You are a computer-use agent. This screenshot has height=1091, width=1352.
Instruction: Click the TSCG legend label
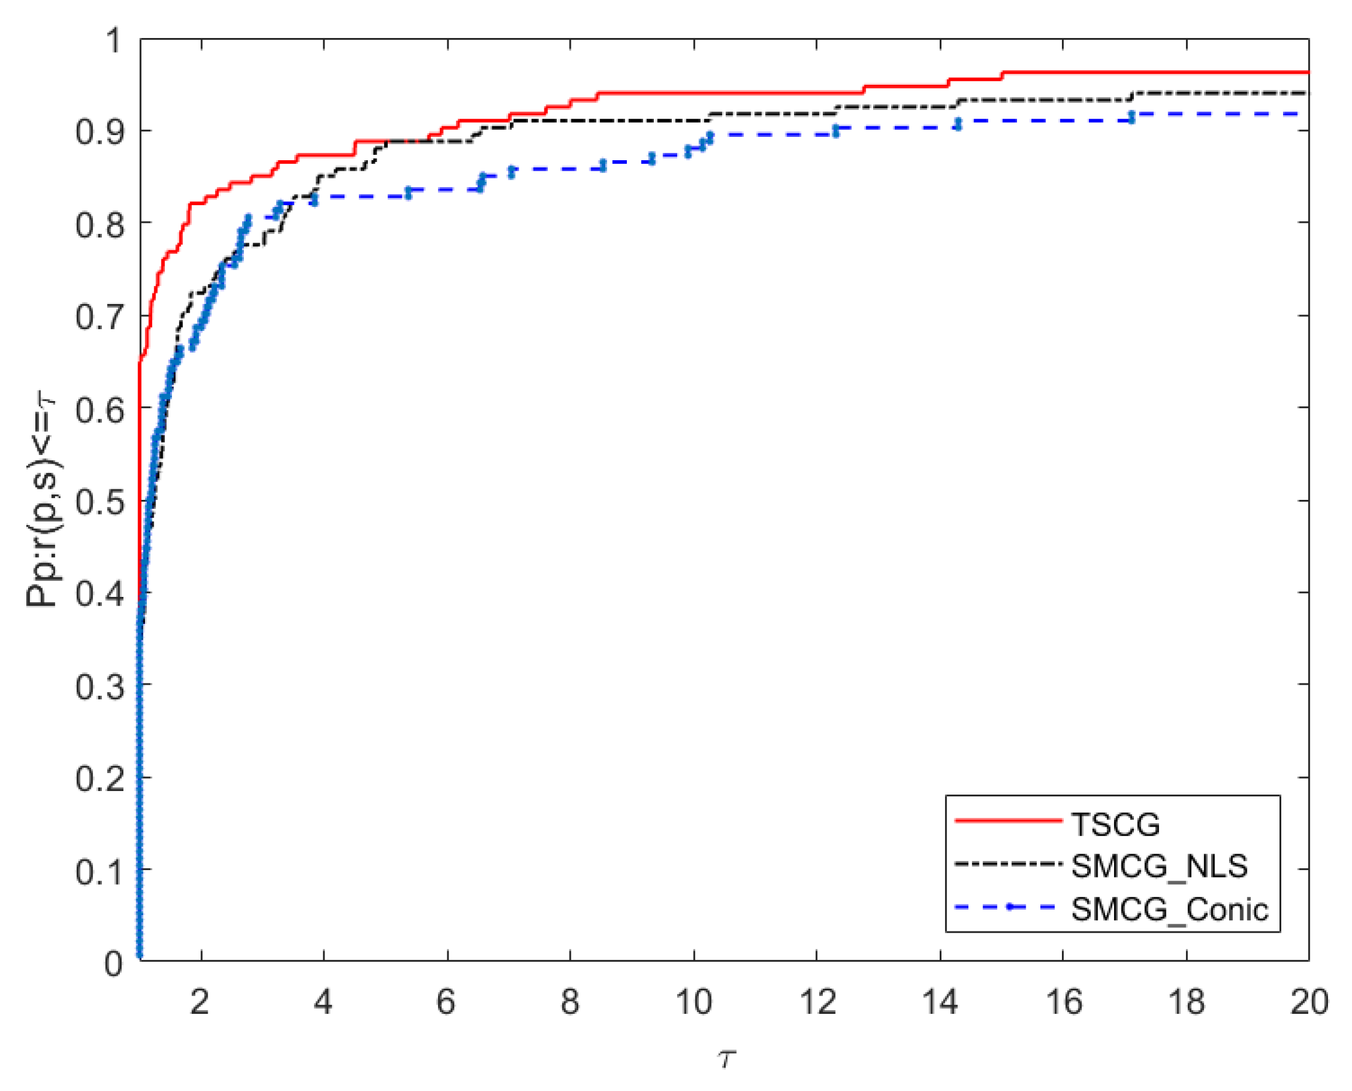click(x=1115, y=824)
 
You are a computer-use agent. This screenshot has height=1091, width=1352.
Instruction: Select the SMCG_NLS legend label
click(x=1158, y=866)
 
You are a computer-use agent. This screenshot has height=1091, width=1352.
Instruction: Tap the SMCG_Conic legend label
click(x=1169, y=909)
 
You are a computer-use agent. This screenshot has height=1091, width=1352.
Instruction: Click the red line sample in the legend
click(x=1008, y=820)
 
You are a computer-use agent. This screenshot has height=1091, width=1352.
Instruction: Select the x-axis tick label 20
click(x=1309, y=1002)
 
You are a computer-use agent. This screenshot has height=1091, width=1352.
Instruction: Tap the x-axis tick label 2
click(x=199, y=1002)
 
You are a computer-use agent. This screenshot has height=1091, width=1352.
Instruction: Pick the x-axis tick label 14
click(x=939, y=1002)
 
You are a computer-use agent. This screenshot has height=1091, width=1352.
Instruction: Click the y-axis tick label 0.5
click(x=99, y=503)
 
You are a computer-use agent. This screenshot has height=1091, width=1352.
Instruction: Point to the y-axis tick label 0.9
click(x=99, y=133)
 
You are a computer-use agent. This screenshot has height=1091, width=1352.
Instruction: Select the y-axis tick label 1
click(x=113, y=41)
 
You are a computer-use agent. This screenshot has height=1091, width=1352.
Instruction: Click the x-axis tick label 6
click(x=446, y=1002)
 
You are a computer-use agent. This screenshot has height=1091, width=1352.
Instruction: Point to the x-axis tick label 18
click(x=1185, y=1002)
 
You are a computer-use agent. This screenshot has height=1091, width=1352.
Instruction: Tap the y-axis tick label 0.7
click(x=99, y=317)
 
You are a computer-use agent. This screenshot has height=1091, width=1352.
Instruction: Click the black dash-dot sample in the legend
click(x=1008, y=864)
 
